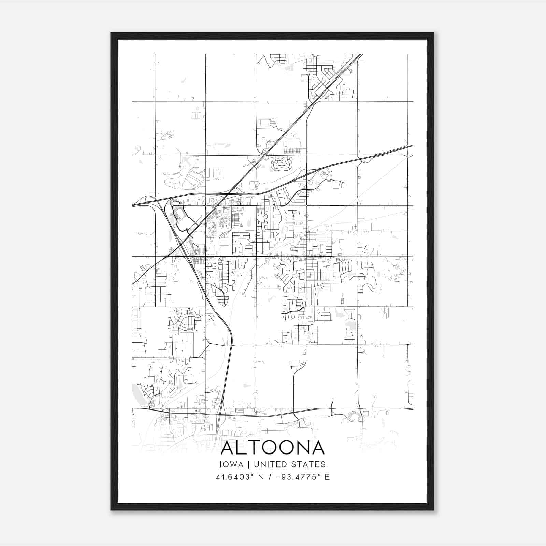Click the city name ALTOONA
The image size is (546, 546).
point(272,448)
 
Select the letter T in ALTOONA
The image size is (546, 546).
point(257,448)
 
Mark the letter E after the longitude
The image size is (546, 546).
point(327,477)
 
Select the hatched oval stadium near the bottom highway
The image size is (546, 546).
point(354,416)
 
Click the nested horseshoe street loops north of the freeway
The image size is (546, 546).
point(281,164)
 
